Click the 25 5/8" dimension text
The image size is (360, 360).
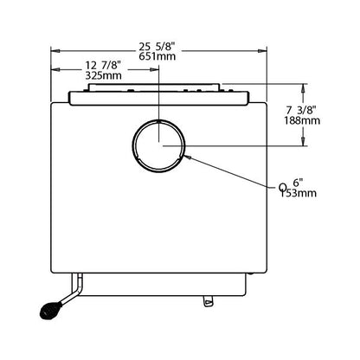[x=157, y=46]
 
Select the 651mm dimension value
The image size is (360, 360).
[x=157, y=56]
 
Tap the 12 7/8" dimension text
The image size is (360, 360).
[x=102, y=66]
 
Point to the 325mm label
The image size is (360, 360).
[x=103, y=75]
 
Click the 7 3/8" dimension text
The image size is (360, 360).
[x=301, y=110]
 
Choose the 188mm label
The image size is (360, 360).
[x=302, y=120]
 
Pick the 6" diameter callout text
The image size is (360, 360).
[x=298, y=183]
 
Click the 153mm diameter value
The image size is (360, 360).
[x=299, y=193]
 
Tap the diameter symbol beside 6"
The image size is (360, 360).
[x=283, y=189]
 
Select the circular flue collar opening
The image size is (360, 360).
[x=158, y=146]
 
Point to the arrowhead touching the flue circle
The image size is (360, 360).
[x=187, y=157]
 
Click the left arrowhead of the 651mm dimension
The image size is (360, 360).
[x=55, y=51]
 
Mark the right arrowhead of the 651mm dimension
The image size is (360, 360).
[x=262, y=51]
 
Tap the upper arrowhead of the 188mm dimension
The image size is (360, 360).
[x=303, y=88]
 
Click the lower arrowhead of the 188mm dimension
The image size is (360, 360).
[x=303, y=141]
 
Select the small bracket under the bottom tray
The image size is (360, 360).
[x=209, y=301]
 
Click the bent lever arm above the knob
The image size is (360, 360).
[x=74, y=292]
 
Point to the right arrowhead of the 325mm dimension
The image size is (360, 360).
[x=154, y=69]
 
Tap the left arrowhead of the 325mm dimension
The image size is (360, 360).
[x=55, y=69]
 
